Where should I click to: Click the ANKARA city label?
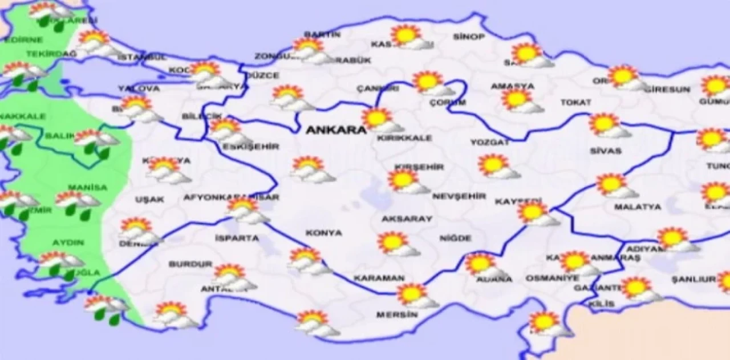coord(336,130)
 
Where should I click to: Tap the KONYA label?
coord(324,233)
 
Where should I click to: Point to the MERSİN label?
coord(394,314)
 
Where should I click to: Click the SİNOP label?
coord(469,37)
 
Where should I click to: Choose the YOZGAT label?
coord(489,142)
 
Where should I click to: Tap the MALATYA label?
coord(638,207)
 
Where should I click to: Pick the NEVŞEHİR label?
coord(459,196)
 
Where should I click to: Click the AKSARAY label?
coord(407,219)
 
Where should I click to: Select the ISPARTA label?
coord(237,238)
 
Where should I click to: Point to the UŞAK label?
coord(150,199)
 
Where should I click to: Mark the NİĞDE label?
coord(456,238)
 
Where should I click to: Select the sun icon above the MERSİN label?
coord(412,294)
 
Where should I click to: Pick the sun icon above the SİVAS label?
coord(603,124)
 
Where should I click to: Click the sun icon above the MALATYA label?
coord(611,184)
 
